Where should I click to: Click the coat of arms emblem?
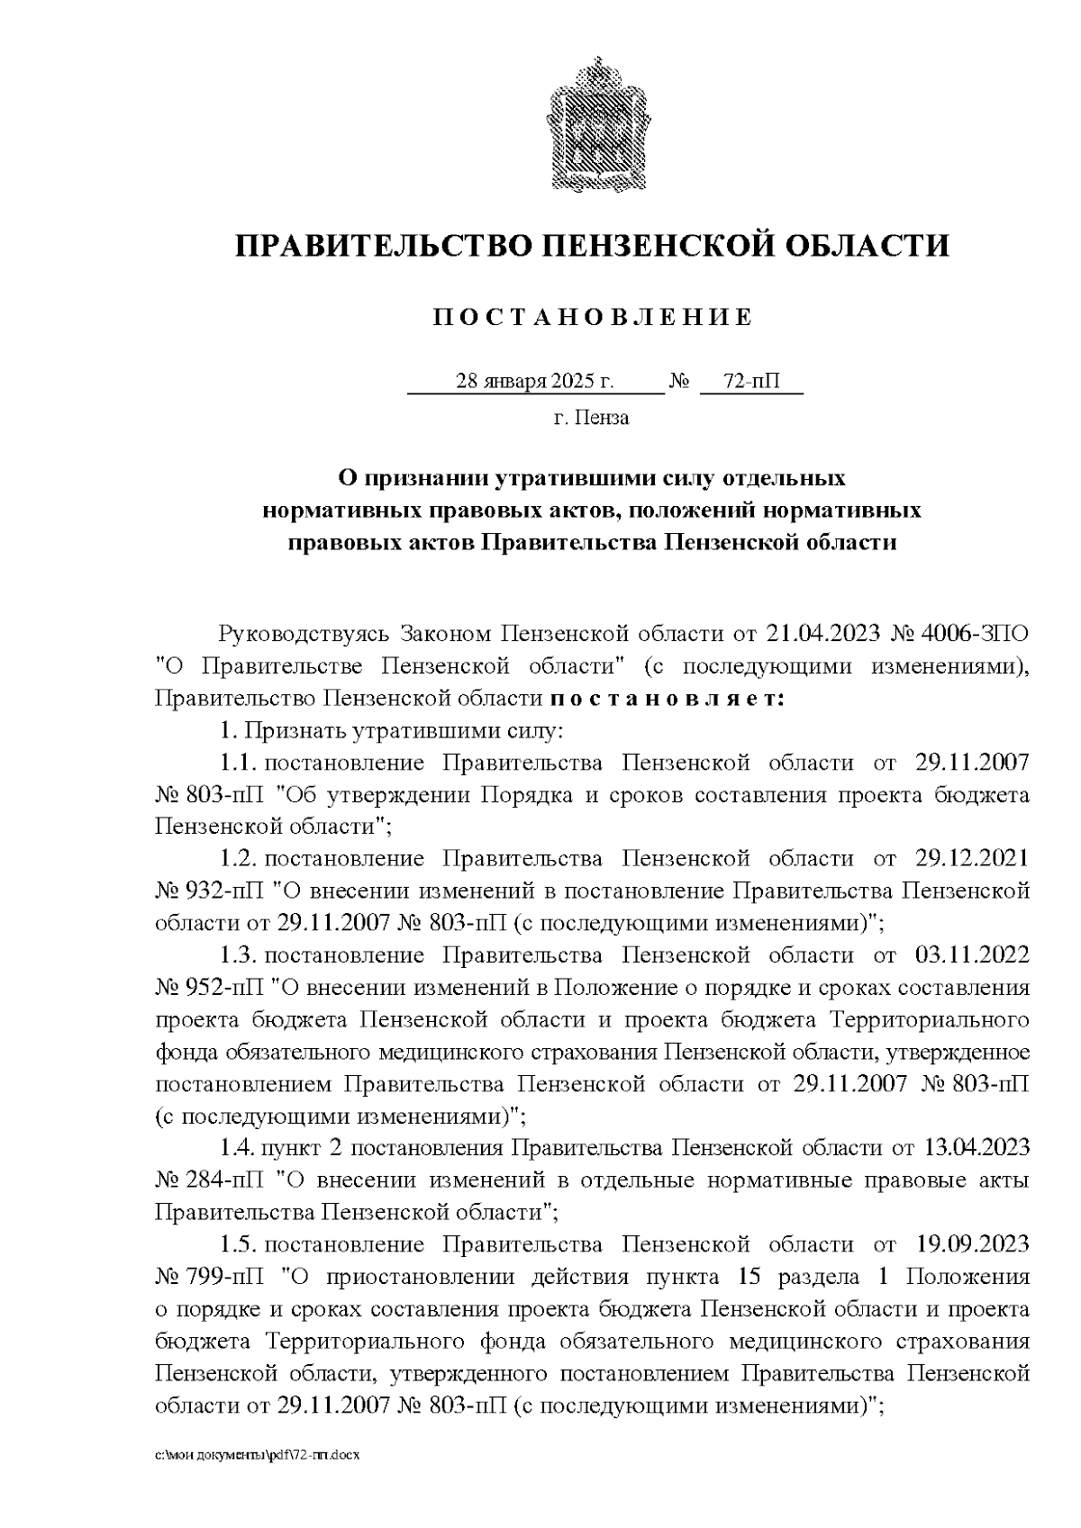[x=593, y=123]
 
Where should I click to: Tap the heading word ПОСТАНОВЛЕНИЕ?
[x=592, y=318]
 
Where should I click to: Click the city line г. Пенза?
[x=592, y=418]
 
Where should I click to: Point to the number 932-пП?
[x=226, y=891]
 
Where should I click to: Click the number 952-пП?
[x=226, y=988]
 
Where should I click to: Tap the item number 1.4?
[x=239, y=1149]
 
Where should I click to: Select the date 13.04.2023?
[x=977, y=1149]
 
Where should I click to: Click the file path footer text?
[x=257, y=1479]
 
